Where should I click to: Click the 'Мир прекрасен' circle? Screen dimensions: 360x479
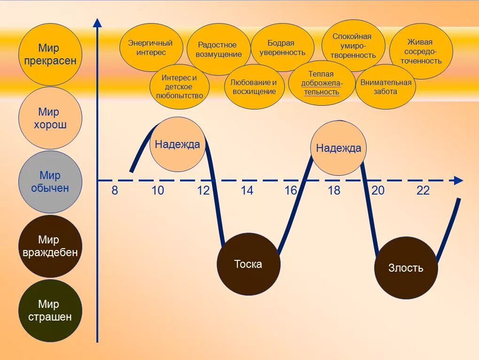[50, 55]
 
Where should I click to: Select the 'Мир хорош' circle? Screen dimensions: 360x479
[50, 118]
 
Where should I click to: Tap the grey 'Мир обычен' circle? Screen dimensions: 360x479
[50, 182]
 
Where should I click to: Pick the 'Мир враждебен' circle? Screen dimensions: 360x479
[50, 246]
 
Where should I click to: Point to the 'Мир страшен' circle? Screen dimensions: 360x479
[50, 310]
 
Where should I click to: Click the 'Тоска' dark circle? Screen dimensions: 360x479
[248, 264]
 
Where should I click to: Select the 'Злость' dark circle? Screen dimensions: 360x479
[406, 268]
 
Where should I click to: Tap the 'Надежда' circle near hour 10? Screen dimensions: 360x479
[177, 144]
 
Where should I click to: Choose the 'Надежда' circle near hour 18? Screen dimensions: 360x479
[338, 148]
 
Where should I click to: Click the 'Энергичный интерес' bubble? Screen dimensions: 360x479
[150, 47]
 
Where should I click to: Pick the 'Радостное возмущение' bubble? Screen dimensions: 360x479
[219, 49]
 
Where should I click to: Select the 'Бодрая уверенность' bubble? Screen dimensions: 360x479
[283, 47]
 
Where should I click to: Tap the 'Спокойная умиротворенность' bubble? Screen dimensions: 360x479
[353, 46]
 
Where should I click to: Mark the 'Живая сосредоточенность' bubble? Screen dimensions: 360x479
[421, 51]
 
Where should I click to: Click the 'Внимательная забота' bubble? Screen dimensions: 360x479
[385, 87]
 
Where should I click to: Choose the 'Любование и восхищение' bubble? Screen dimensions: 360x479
[254, 87]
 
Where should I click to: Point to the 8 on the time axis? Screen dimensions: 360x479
[115, 190]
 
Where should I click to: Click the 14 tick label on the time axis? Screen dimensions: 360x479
[247, 190]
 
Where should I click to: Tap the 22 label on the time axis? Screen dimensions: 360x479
[423, 190]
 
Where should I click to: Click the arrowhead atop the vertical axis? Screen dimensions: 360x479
[97, 23]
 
